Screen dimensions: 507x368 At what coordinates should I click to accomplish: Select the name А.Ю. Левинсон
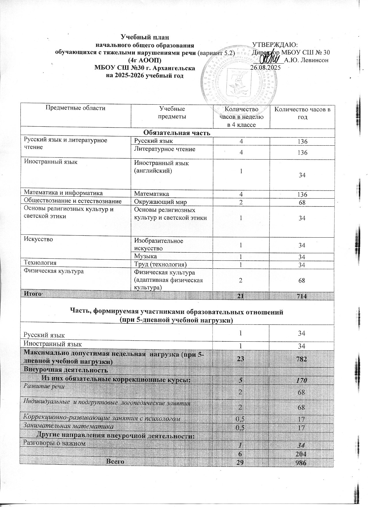point(307,60)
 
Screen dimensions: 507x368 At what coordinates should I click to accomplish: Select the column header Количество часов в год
point(302,113)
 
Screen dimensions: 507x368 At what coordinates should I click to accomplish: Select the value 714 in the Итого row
point(302,296)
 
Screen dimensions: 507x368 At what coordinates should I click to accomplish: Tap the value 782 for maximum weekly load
point(302,359)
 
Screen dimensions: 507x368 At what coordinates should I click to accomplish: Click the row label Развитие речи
point(44,386)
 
